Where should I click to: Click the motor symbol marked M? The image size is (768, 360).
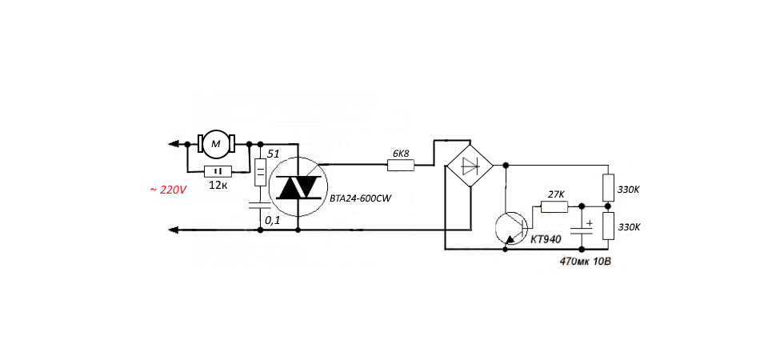pyautogui.click(x=216, y=144)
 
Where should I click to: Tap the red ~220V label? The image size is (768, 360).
pyautogui.click(x=169, y=190)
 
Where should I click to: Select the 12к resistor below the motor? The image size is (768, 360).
pyautogui.click(x=217, y=171)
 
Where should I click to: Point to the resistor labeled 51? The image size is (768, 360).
pyautogui.click(x=261, y=173)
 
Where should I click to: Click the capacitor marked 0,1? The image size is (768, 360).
pyautogui.click(x=260, y=204)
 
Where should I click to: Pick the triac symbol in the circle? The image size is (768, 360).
pyautogui.click(x=298, y=186)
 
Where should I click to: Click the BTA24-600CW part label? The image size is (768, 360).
pyautogui.click(x=363, y=199)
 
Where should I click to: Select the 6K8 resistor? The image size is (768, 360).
pyautogui.click(x=401, y=166)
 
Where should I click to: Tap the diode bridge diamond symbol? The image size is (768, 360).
pyautogui.click(x=470, y=166)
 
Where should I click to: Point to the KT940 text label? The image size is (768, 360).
pyautogui.click(x=546, y=239)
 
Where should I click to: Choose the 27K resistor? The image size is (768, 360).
pyautogui.click(x=554, y=207)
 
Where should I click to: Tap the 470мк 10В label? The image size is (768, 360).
pyautogui.click(x=586, y=261)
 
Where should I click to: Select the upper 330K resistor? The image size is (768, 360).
pyautogui.click(x=608, y=187)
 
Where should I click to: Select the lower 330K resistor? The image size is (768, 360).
pyautogui.click(x=608, y=226)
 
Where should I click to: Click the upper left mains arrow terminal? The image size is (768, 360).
pyautogui.click(x=173, y=144)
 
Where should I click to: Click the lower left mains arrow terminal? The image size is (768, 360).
pyautogui.click(x=173, y=230)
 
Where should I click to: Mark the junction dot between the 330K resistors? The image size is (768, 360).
pyautogui.click(x=608, y=206)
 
